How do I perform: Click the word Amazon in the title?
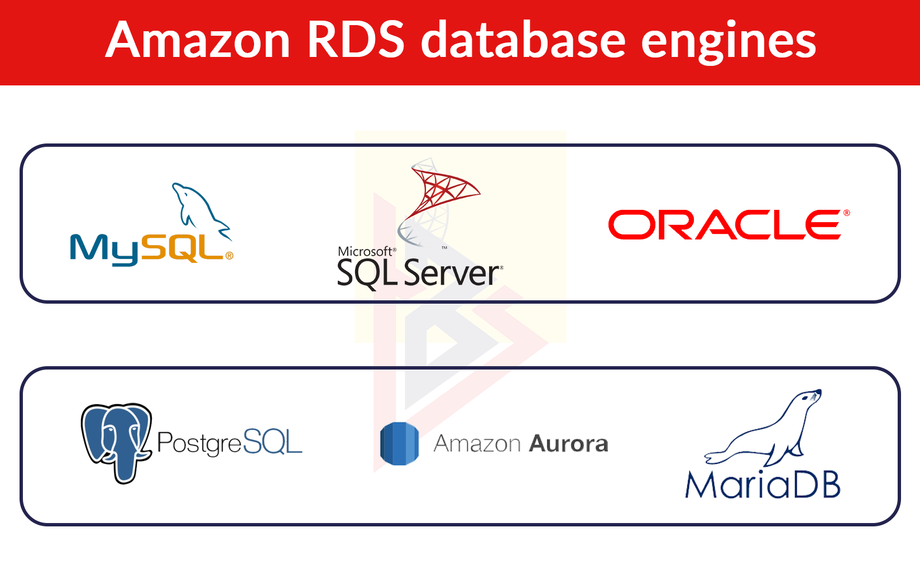pos(198,40)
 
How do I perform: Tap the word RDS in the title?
pos(356,40)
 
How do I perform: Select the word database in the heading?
pos(523,39)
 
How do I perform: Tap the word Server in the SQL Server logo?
pos(452,273)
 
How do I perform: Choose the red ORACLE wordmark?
pos(725,224)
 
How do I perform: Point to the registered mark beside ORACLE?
pos(846,213)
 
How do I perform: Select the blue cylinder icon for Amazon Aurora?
pos(399,444)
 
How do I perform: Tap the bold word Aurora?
pos(569,444)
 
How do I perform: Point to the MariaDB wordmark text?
pos(763,485)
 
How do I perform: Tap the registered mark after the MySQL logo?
pos(229,256)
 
